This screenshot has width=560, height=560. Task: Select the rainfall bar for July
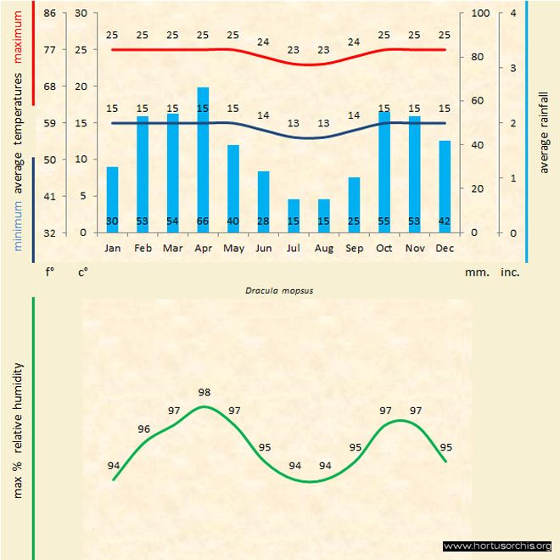pyautogui.click(x=294, y=216)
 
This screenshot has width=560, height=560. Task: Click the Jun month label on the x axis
pyautogui.click(x=263, y=248)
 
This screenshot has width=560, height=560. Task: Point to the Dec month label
pyautogui.click(x=445, y=248)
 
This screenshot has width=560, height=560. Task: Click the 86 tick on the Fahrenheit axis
pyautogui.click(x=49, y=14)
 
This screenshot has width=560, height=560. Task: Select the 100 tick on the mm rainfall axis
pyautogui.click(x=480, y=14)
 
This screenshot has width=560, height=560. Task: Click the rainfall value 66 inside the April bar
pyautogui.click(x=203, y=221)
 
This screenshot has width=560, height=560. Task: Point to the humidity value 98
pyautogui.click(x=204, y=392)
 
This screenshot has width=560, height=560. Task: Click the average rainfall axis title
pyautogui.click(x=544, y=133)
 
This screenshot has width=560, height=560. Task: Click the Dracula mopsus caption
pyautogui.click(x=280, y=289)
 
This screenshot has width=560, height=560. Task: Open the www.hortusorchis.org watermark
pyautogui.click(x=497, y=546)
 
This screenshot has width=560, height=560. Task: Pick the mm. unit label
pyautogui.click(x=474, y=272)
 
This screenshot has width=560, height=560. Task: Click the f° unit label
pyautogui.click(x=49, y=272)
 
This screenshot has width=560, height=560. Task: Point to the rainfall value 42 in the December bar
pyautogui.click(x=445, y=221)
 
